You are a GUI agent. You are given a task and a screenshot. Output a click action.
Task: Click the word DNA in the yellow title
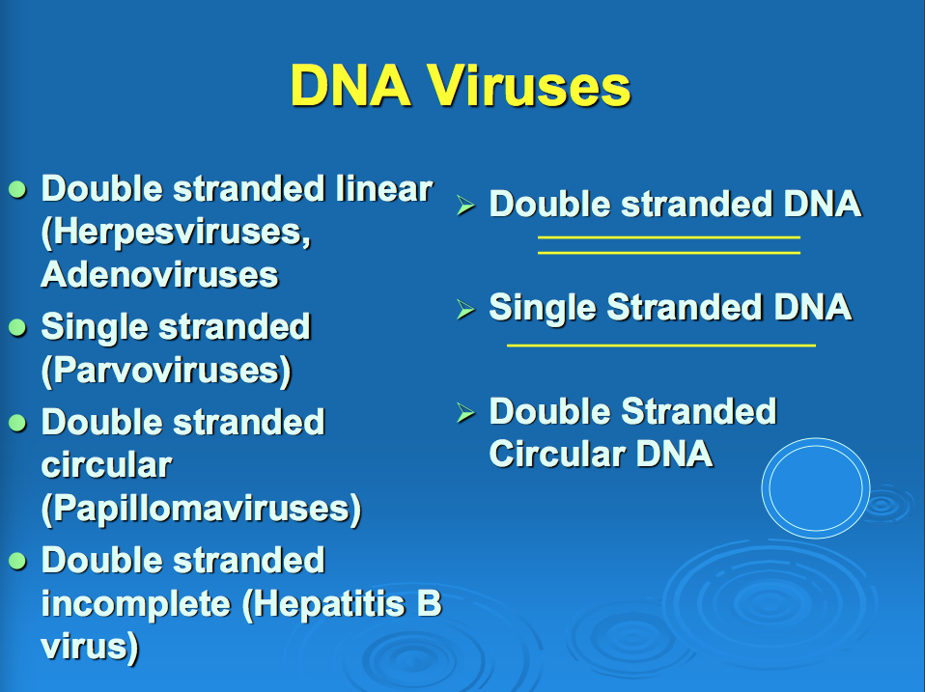pos(350,86)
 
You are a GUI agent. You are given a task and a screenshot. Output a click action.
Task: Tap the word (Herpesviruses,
pos(176,233)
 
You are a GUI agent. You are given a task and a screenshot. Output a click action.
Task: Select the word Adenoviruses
pos(159,275)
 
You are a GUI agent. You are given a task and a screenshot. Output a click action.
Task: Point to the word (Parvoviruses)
pos(166,372)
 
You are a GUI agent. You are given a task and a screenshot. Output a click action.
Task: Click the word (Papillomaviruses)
pos(201,509)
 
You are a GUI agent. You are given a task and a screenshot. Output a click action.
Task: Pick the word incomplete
pos(136,604)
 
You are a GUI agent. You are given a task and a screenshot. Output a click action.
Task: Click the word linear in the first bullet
pos(384,188)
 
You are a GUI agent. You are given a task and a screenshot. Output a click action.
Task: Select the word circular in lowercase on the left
pos(106,465)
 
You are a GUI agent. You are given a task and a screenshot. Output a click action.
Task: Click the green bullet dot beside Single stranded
pos(17,328)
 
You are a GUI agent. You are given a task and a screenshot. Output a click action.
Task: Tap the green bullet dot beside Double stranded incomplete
pos(17,561)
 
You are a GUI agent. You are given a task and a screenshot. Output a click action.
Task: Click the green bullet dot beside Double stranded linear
pos(17,190)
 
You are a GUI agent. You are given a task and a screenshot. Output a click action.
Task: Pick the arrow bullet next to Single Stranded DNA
pos(465,309)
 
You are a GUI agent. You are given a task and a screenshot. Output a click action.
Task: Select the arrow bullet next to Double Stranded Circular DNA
pos(465,413)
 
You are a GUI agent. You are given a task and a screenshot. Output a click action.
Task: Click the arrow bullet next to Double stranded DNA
pos(465,206)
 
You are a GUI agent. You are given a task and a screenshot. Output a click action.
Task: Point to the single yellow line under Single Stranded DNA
pos(661,346)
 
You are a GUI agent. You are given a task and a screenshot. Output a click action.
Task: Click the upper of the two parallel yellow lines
pos(669,237)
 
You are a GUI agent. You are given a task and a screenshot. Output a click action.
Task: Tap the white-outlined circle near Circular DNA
pos(816,439)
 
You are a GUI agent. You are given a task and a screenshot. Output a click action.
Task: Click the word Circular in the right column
pos(557,454)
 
